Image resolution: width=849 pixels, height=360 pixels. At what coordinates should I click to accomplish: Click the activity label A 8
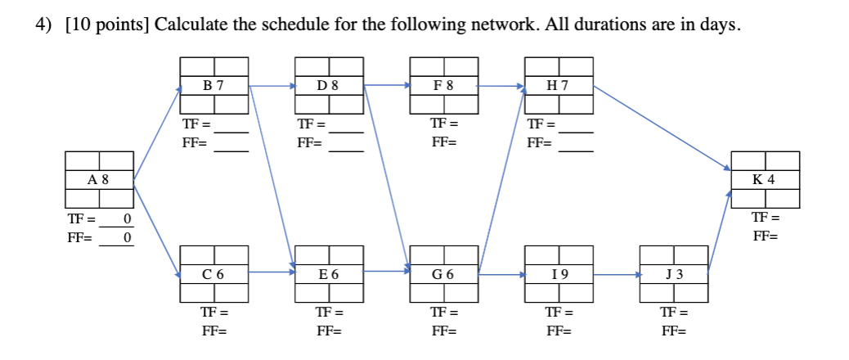99,179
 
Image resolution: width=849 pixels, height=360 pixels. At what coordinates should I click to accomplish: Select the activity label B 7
213,85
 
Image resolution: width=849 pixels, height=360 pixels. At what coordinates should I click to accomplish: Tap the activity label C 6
213,274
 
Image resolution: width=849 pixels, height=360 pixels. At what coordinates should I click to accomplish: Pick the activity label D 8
328,85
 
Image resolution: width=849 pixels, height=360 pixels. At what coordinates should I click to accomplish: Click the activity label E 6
328,274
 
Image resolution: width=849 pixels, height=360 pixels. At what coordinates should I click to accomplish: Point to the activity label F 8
443,85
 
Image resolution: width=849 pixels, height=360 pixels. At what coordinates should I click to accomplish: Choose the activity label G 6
443,274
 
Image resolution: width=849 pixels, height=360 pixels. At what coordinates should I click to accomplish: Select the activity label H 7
558,85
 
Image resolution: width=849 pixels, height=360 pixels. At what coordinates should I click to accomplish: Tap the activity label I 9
558,274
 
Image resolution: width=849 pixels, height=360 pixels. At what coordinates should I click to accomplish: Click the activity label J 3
672,274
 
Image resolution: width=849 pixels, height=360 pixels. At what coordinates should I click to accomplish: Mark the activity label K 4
764,179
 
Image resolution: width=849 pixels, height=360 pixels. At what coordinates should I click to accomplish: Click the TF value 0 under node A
127,219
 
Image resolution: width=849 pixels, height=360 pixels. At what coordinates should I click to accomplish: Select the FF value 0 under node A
127,238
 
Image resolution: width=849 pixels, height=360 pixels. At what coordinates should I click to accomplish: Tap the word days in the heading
720,25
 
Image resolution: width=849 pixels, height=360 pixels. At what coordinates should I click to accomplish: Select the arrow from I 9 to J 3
615,276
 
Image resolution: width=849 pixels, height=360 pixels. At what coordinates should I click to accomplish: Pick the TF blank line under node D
346,132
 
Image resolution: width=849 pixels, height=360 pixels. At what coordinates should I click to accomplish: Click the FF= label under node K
765,236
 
